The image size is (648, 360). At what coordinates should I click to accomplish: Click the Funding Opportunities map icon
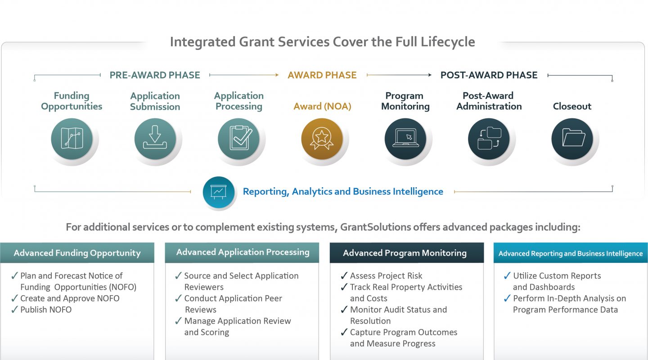[72, 139]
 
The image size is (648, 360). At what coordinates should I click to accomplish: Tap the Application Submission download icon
[155, 139]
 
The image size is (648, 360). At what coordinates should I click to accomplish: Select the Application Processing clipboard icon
[238, 139]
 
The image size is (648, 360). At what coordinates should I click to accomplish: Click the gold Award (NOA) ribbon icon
[322, 139]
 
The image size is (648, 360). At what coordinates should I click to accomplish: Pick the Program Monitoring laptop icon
[405, 139]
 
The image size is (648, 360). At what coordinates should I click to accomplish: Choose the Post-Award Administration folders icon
[489, 139]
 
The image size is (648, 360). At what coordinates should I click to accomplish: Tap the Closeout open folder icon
[572, 139]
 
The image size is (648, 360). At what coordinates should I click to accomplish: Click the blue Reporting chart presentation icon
[218, 192]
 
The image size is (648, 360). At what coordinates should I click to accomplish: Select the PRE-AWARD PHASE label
[155, 75]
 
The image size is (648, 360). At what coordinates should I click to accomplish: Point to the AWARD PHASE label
[322, 75]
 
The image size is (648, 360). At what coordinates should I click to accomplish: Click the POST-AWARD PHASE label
[489, 75]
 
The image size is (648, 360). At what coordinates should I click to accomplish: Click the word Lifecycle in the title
[448, 42]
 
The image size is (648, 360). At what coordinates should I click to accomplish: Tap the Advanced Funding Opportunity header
[77, 252]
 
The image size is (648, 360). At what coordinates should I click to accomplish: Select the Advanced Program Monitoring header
[407, 252]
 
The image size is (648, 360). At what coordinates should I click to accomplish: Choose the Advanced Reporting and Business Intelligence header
[571, 252]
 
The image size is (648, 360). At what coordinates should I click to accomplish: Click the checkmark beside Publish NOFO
[14, 309]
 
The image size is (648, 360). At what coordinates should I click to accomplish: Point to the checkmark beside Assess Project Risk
[344, 275]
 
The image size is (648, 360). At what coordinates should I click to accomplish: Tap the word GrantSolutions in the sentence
[375, 227]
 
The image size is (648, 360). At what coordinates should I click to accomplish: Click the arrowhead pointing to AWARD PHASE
[277, 75]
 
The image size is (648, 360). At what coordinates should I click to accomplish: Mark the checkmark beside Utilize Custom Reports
[507, 275]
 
